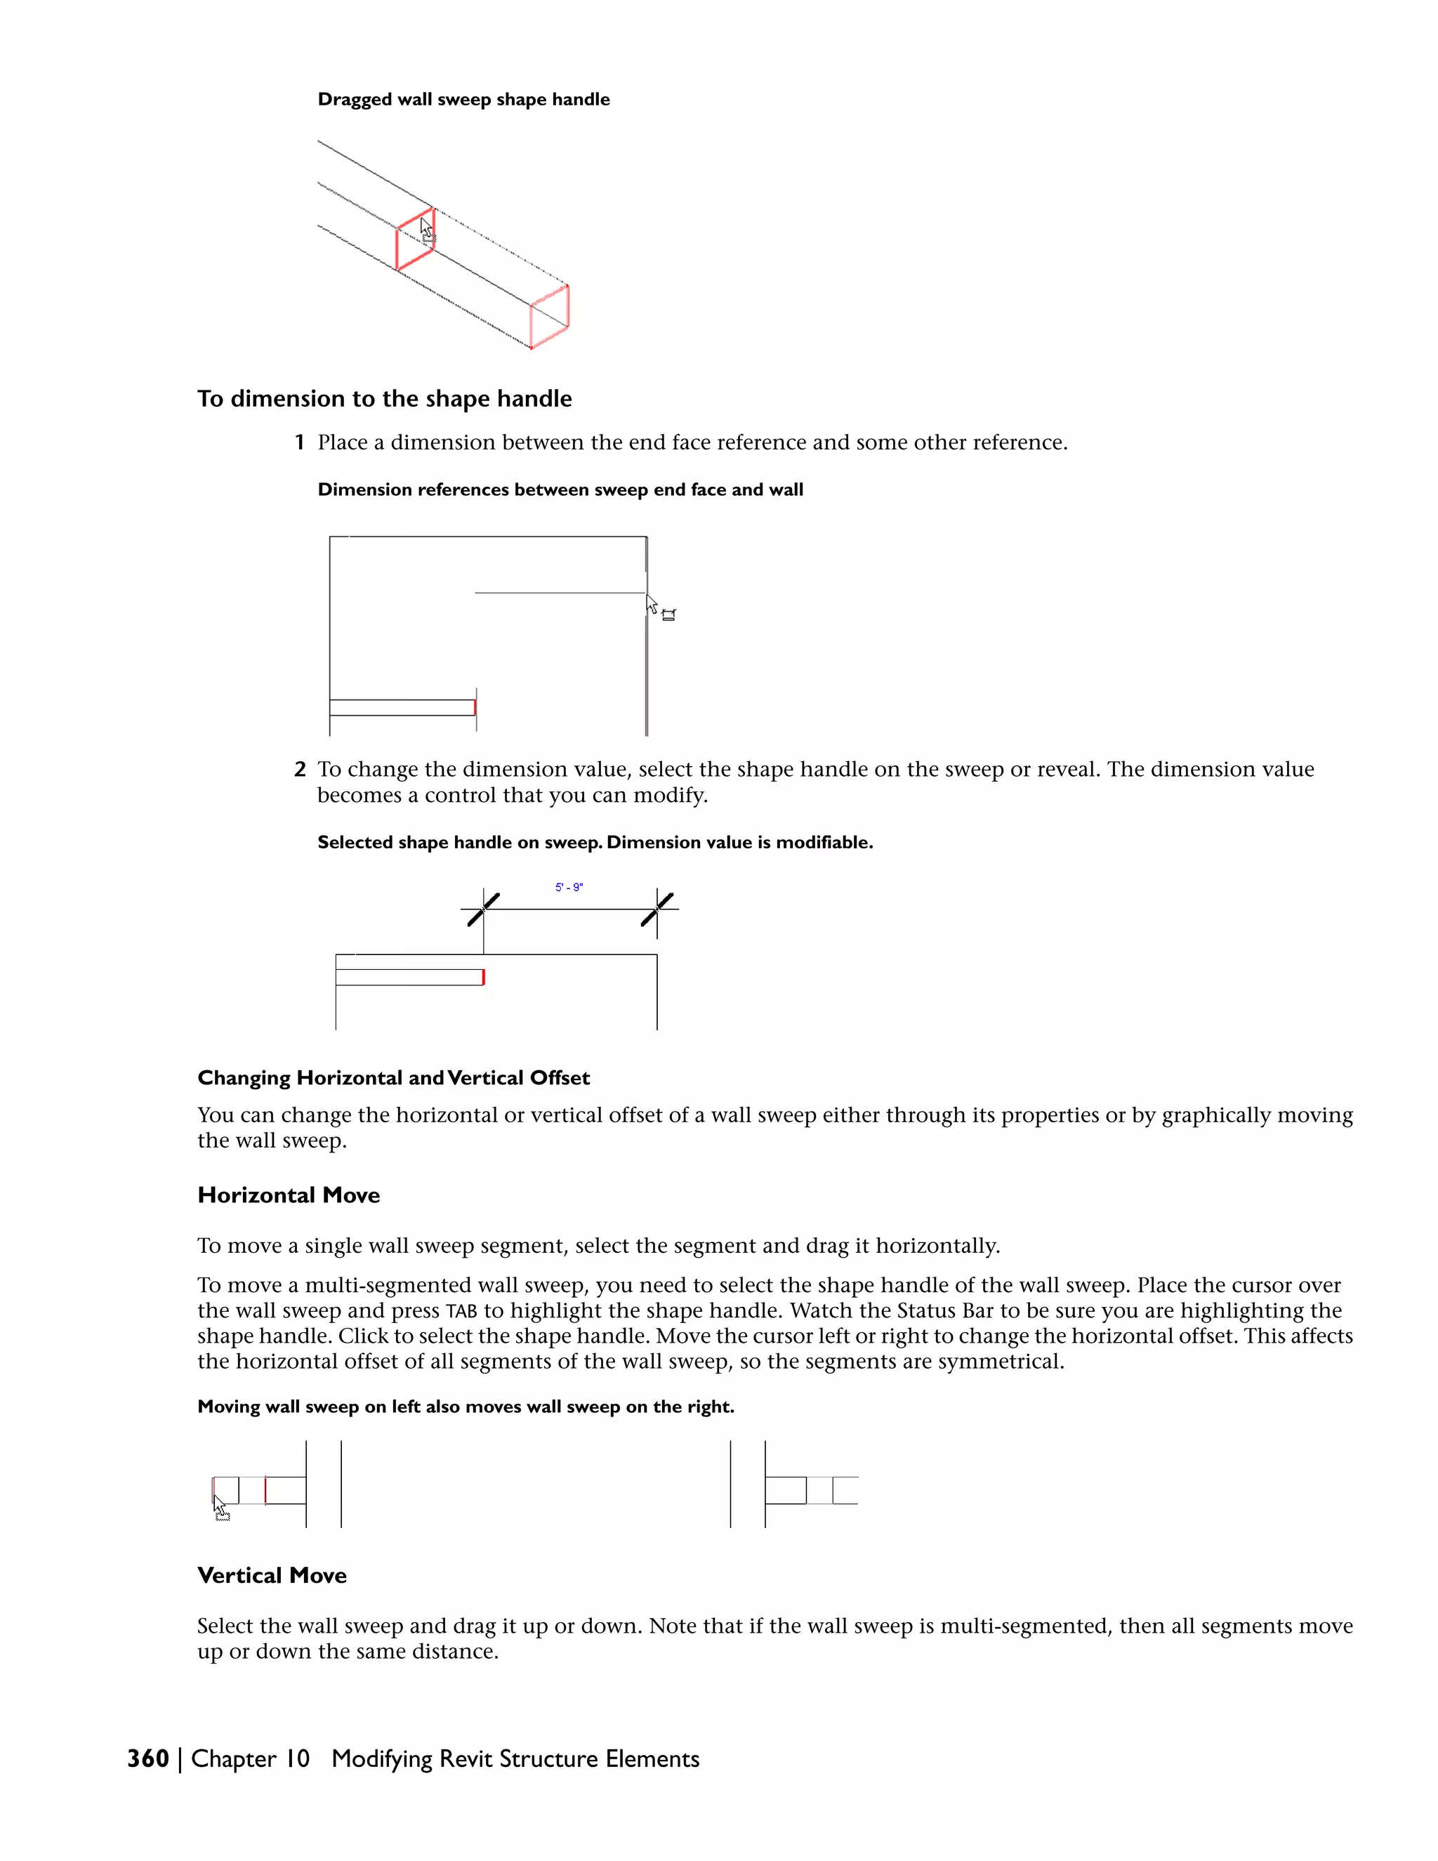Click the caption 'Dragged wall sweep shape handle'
(463, 100)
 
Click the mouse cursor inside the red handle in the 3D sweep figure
(427, 231)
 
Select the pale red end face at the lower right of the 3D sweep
(550, 316)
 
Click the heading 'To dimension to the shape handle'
(384, 399)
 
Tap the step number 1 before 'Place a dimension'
(299, 443)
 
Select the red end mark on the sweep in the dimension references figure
(475, 707)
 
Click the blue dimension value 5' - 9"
(568, 887)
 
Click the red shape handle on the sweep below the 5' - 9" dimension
(483, 977)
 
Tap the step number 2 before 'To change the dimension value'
(299, 770)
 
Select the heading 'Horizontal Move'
(288, 1195)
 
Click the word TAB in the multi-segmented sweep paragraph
(461, 1311)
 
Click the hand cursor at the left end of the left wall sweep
(220, 1507)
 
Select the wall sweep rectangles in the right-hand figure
(810, 1490)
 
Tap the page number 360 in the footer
(147, 1758)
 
